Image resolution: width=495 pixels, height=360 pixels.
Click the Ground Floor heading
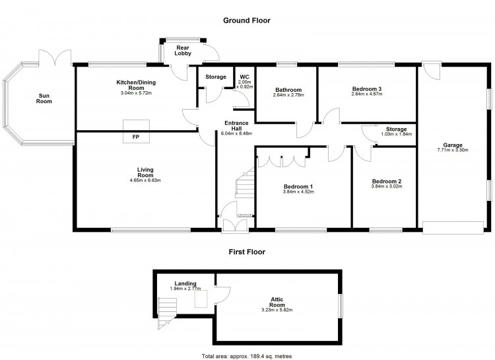coord(247,20)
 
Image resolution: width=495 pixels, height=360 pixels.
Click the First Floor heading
coord(247,252)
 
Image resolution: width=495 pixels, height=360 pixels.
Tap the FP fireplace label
coord(136,137)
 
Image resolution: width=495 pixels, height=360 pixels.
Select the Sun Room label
coord(44,98)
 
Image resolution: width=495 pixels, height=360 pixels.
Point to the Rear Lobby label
coord(183,51)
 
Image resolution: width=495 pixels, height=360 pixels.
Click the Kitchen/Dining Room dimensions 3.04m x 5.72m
coord(136,93)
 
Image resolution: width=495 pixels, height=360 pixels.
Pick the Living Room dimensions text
coord(145,180)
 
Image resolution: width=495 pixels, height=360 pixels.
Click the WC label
coord(244,77)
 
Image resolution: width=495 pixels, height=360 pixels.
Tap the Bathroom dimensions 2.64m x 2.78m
coord(288,95)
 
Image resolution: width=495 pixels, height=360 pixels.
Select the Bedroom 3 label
coord(367,89)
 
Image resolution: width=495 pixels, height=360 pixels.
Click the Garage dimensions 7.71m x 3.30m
coord(453,150)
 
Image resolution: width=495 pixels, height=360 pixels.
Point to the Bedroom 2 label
coord(387,181)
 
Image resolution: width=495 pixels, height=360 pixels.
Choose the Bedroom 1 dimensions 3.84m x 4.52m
coord(298,192)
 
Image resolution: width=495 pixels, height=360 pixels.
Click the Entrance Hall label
coord(236,126)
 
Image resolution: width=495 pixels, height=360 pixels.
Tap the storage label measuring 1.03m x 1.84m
coord(396,129)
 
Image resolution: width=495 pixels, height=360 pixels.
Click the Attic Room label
coord(277,302)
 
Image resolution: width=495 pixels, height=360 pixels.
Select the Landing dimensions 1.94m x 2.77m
coord(185,289)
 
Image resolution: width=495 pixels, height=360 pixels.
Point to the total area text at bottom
coord(247,356)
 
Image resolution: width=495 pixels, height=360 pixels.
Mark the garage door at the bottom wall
coord(453,228)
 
